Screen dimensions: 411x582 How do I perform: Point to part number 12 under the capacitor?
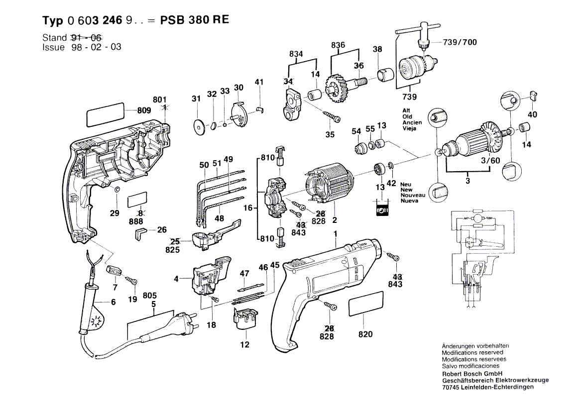click(244, 345)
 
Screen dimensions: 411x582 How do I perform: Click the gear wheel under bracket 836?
click(339, 88)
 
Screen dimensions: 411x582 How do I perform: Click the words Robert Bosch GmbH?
click(472, 373)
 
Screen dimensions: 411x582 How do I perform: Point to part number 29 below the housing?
click(115, 213)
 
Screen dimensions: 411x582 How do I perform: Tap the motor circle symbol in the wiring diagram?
click(477, 219)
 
